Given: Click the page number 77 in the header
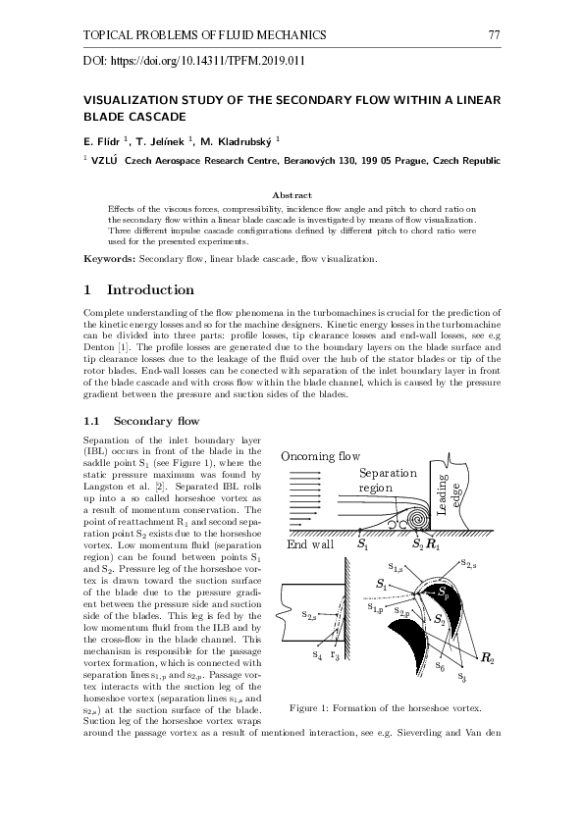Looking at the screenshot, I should (496, 36).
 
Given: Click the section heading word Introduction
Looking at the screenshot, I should (150, 290).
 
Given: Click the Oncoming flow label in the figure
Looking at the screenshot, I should (320, 456).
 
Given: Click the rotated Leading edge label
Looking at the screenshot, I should (448, 495).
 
